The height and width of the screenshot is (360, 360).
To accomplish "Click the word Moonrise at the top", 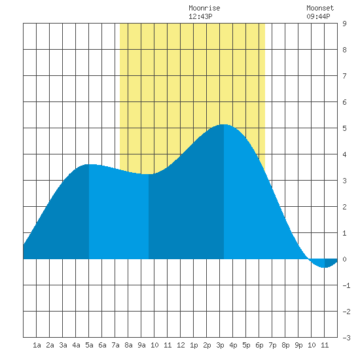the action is (x=204, y=8).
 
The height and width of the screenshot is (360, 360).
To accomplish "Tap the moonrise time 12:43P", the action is (x=200, y=16).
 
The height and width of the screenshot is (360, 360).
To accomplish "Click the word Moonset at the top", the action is (x=320, y=8).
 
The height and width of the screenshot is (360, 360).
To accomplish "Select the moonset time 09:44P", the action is (x=318, y=16).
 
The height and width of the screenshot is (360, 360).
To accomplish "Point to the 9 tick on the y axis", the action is (x=344, y=24).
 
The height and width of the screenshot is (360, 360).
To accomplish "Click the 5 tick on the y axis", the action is (x=344, y=128).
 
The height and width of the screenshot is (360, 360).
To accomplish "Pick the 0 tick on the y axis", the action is (x=344, y=259).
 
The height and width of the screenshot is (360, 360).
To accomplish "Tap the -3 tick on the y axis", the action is (x=346, y=338).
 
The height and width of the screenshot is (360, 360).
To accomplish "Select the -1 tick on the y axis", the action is (x=346, y=285).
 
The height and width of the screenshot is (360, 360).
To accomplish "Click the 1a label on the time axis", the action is (x=37, y=345).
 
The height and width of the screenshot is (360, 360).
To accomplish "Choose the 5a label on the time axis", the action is (x=89, y=345).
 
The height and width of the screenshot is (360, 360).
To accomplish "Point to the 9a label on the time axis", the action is (x=141, y=345).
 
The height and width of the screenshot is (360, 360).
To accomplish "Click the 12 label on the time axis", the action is (x=181, y=345).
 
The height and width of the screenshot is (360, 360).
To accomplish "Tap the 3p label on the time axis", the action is (x=220, y=345).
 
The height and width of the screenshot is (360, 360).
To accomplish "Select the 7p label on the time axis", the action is (x=272, y=345).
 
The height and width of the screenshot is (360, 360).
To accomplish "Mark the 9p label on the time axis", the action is (x=298, y=345).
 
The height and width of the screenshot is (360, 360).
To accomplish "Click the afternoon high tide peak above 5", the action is (x=224, y=124).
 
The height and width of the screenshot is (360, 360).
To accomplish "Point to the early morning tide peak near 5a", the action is (x=89, y=164).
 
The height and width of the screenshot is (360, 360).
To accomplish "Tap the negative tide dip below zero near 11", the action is (x=324, y=267).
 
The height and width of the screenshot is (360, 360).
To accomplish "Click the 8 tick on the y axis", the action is (x=344, y=50).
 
